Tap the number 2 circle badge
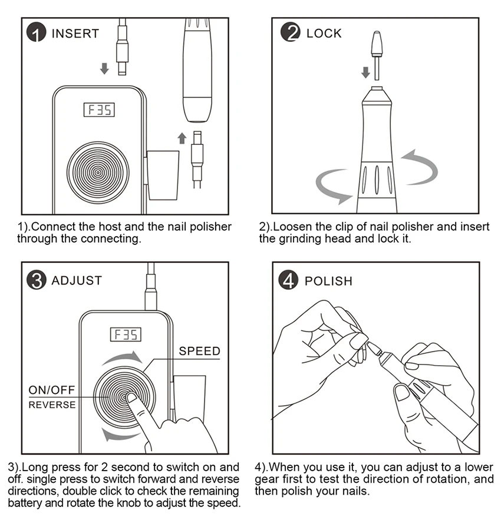point(291,33)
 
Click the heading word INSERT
point(75,34)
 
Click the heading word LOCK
point(324,34)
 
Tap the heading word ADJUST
point(77,281)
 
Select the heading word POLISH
point(328,281)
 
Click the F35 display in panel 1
point(100,110)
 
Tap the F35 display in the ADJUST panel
point(126,334)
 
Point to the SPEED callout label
point(199,352)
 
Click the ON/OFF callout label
point(52,390)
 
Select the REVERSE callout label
point(52,405)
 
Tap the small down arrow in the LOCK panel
point(365,72)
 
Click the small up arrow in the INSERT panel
point(182,138)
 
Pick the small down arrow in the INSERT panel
point(104,69)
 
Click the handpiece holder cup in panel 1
point(162,175)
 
